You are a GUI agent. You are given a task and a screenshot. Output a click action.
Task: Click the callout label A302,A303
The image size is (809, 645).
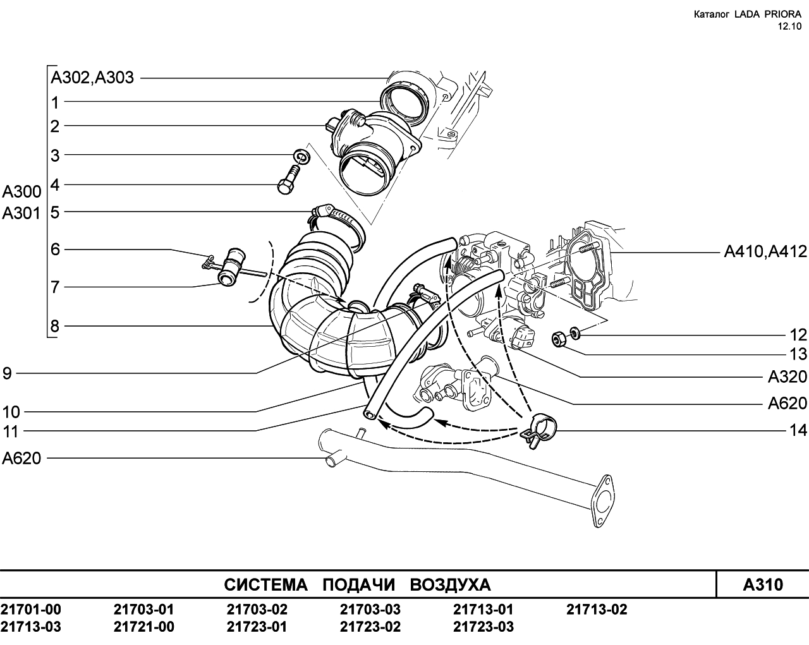pos(92,78)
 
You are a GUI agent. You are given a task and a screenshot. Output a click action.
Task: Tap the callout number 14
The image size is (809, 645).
pos(798,430)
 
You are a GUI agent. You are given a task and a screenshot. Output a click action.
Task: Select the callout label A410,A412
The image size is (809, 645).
pos(766,251)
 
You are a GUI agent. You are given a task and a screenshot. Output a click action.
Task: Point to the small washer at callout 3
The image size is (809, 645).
pos(301,157)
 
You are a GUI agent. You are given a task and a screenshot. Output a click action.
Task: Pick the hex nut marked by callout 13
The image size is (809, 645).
pos(559,339)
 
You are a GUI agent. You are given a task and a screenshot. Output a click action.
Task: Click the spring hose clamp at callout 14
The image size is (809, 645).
pos(538,429)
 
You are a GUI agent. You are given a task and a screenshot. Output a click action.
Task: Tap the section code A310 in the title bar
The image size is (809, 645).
pos(763,584)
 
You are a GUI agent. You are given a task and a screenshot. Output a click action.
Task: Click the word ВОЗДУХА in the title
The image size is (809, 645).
pos(450,585)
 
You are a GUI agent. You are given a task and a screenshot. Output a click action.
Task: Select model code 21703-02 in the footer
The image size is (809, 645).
pos(257,609)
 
